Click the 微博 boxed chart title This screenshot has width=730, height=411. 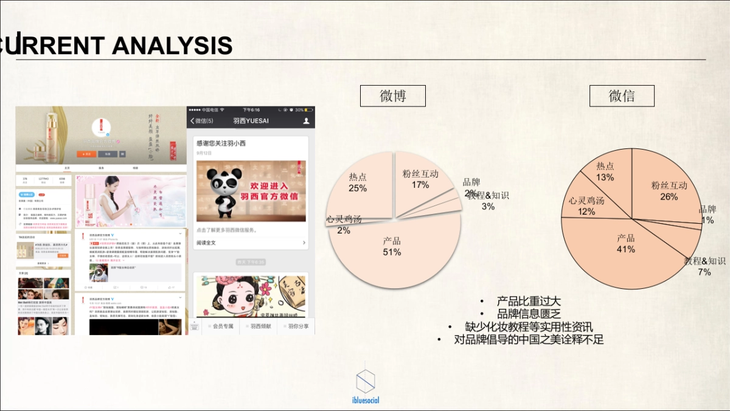[393, 96]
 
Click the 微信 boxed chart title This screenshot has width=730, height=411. [622, 96]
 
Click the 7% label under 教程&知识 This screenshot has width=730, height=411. [704, 272]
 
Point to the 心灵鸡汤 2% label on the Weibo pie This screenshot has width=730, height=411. [344, 230]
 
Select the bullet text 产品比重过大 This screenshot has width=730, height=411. [529, 302]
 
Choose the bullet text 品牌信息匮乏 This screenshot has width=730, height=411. [529, 314]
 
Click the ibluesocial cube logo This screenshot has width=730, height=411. [365, 381]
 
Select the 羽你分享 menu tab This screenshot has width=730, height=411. [297, 326]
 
